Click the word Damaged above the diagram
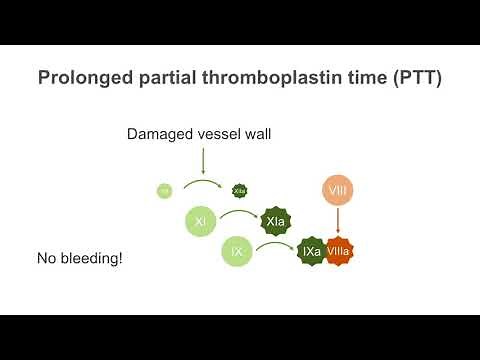click(x=160, y=133)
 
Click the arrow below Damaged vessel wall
click(x=203, y=160)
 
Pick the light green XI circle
click(x=201, y=221)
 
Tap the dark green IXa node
click(x=312, y=252)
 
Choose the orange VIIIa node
click(x=339, y=252)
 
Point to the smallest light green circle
click(x=165, y=190)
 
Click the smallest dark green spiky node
click(x=239, y=190)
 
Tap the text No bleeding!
click(x=79, y=259)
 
